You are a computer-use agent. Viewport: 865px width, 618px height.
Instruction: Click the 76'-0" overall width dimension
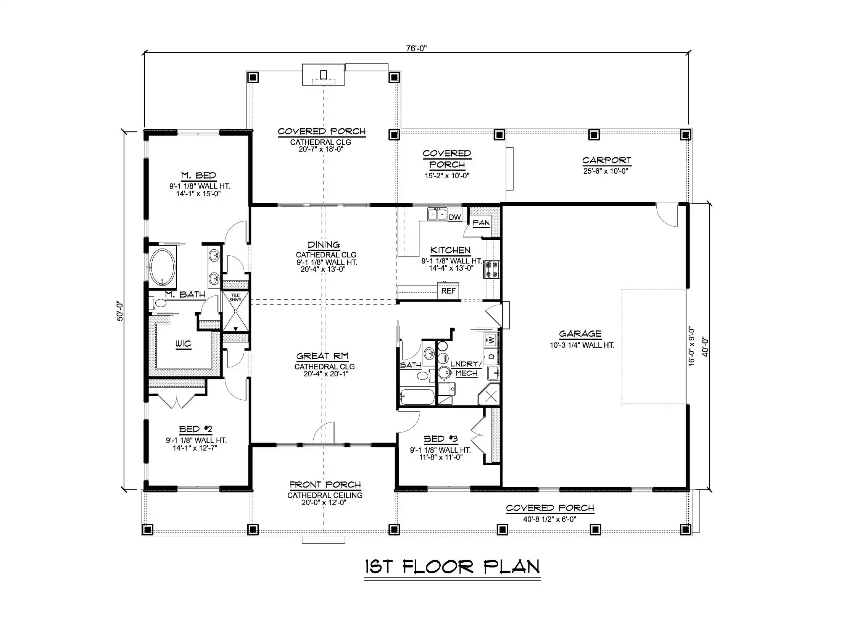[416, 48]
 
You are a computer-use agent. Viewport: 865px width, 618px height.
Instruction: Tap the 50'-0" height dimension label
[120, 311]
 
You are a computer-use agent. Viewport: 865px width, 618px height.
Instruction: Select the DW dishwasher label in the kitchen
[455, 217]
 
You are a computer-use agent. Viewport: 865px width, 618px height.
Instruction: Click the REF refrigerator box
[448, 291]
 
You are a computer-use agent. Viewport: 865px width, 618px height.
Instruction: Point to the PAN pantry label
[481, 223]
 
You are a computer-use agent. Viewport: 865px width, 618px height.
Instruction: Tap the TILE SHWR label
[235, 297]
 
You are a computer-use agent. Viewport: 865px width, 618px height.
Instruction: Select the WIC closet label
[183, 344]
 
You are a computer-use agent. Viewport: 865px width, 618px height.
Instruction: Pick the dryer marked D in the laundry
[491, 357]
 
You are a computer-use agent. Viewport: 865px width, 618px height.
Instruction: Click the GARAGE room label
[580, 334]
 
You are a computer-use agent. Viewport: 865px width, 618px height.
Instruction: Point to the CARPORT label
[607, 160]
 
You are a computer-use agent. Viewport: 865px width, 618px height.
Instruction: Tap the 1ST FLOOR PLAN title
[453, 567]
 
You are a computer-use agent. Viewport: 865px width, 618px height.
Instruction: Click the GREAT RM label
[322, 356]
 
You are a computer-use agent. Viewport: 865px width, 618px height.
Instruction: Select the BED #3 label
[441, 439]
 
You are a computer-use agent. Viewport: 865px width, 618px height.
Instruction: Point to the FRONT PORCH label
[325, 485]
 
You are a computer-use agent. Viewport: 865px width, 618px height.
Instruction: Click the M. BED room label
[198, 176]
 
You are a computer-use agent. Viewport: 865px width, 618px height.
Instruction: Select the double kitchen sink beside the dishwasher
[437, 215]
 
